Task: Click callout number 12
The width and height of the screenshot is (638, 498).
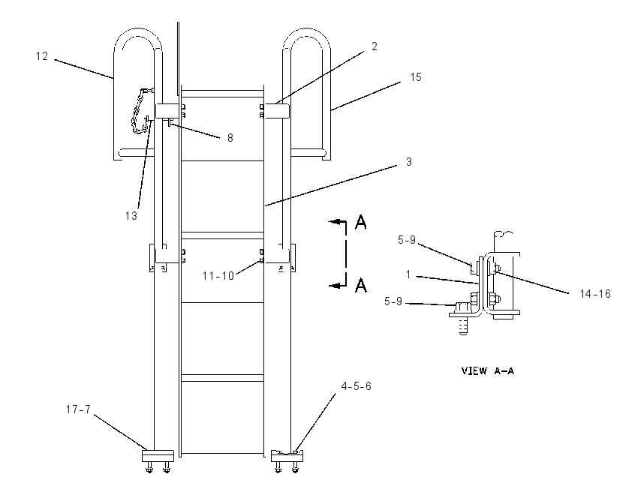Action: (x=42, y=56)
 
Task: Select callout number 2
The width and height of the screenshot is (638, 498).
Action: (x=375, y=46)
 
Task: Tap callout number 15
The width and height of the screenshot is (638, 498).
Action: (x=416, y=77)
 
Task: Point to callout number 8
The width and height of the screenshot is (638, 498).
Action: (x=230, y=138)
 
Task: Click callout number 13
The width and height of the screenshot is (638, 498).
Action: (x=131, y=216)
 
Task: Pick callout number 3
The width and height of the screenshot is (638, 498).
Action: (x=409, y=162)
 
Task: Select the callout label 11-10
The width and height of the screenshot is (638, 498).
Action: (x=218, y=276)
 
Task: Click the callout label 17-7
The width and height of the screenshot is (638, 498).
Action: (x=78, y=409)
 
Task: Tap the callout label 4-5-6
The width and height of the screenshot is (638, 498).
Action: (x=357, y=386)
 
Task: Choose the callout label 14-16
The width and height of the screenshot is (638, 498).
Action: (x=595, y=294)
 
